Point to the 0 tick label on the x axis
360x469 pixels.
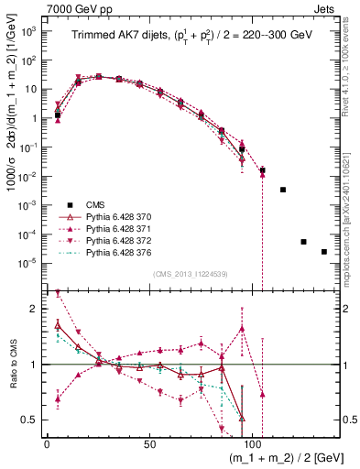[47, 442]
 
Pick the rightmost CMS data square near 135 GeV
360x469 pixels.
[324, 252]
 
